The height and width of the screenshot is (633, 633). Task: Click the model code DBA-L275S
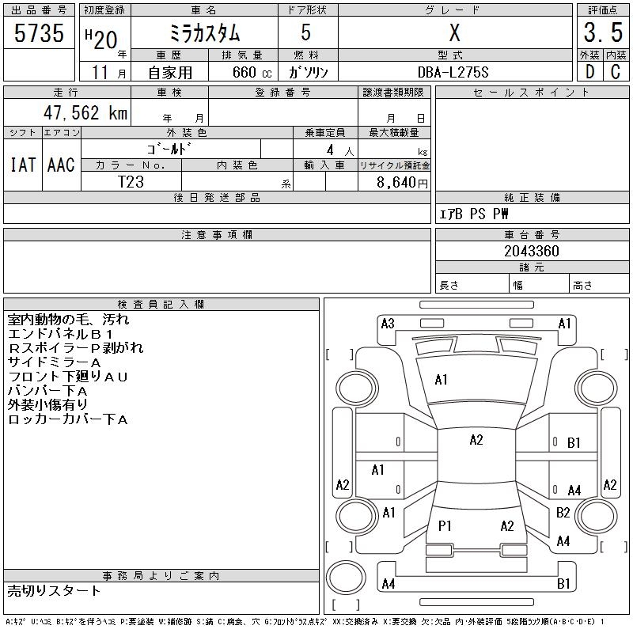453,72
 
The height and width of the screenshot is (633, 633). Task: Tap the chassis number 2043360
532,251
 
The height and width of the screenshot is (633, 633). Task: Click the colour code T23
131,182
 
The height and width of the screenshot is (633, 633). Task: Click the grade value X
454,33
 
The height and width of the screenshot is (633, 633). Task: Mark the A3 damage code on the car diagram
388,323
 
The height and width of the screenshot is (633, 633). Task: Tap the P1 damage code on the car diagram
445,525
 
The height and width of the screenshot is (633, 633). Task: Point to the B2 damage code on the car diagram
563,513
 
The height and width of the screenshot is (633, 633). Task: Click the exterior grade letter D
589,72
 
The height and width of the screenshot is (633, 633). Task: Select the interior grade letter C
616,72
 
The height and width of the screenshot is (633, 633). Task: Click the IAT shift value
22,165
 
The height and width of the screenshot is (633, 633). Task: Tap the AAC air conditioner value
61,165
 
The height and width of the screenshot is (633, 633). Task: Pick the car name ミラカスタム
205,33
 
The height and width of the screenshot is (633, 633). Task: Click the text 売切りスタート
55,590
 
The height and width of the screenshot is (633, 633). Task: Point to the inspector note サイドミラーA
55,362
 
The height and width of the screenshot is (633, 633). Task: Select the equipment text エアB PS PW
475,214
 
